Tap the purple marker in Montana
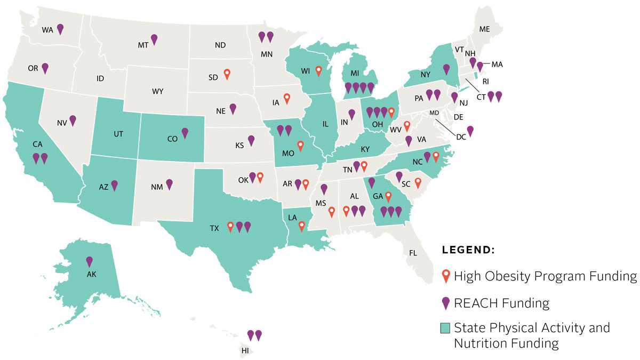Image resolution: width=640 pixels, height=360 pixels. tap(154, 39)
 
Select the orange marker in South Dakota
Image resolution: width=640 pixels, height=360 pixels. tap(227, 74)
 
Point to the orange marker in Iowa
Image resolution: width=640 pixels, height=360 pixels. tap(287, 98)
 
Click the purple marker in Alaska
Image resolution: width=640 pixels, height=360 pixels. tap(90, 261)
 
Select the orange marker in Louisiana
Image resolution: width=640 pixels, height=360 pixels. tap(302, 226)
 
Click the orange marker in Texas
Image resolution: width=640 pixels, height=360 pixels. tap(230, 227)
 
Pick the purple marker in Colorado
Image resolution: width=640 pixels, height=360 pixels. tap(185, 132)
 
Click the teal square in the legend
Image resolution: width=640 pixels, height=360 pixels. tap(445, 327)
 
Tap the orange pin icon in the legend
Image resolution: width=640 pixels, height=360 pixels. tap(445, 276)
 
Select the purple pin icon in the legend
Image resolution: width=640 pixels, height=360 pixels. tap(445, 303)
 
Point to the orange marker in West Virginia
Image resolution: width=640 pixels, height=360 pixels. tap(407, 126)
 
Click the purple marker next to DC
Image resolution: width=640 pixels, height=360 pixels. tap(470, 131)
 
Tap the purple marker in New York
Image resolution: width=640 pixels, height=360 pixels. tap(446, 69)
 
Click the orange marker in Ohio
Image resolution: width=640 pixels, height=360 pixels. tap(392, 112)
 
